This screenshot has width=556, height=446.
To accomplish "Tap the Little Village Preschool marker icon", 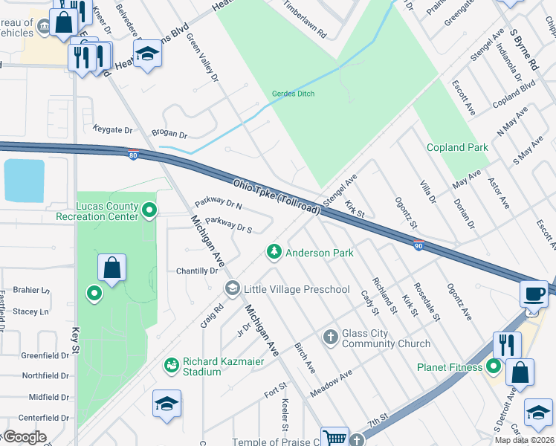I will pos(233,288).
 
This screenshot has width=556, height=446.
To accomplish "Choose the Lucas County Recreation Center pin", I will pos(149,210).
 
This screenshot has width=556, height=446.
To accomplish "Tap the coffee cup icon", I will pos(534,292).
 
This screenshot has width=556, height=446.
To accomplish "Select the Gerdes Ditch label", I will pos(293,94).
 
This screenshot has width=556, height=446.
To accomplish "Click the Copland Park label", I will pos(457,148).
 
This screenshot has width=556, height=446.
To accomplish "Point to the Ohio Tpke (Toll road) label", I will pos(277,197).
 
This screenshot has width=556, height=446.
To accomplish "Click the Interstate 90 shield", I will pos(419,245).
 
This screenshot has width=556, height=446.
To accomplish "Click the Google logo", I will pos(24,437).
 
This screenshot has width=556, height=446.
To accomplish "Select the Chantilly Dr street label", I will pos(196,271).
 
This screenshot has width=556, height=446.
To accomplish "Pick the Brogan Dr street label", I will pos(169,135).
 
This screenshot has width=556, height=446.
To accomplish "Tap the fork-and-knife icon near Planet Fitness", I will pos(506,344).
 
